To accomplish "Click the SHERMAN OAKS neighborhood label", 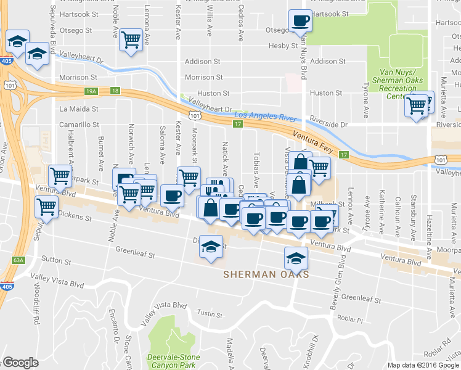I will [x=266, y=274].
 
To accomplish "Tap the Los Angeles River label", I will [x=267, y=115].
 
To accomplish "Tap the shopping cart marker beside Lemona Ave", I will [x=131, y=39].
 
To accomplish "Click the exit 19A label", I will [x=91, y=91].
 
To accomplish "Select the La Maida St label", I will [x=79, y=109].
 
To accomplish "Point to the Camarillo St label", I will [x=79, y=125].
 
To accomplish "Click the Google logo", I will [x=20, y=363].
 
